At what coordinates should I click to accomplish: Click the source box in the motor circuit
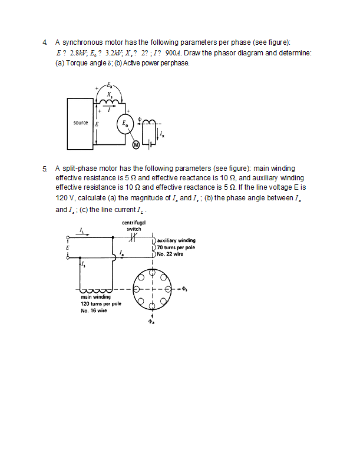(81, 124)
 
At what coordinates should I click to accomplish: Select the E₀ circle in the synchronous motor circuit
(126, 124)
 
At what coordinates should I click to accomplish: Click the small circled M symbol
(135, 145)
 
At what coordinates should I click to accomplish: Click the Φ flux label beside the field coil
(140, 118)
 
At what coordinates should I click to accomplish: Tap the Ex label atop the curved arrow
(110, 87)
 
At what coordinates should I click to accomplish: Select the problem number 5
(44, 168)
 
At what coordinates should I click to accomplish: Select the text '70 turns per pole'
(176, 247)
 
